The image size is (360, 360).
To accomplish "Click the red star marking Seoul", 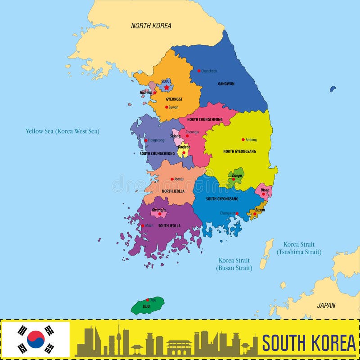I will tap(167, 87).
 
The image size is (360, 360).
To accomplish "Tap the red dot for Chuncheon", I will tap(199, 71).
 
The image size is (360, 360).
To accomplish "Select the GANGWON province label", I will tap(226, 84).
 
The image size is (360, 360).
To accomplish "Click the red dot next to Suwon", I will tap(166, 107).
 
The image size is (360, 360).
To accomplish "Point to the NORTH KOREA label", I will tap(151, 26).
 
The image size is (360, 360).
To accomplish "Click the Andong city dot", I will tap(243, 139).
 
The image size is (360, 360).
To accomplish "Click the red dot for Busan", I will tap(255, 214).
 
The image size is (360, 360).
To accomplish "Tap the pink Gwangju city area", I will tap(158, 212).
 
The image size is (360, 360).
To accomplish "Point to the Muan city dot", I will tap(143, 225).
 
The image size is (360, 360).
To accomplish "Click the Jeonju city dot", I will tap(172, 179).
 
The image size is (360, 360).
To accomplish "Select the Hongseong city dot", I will tap(146, 140).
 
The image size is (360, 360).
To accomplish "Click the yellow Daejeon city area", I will tap(183, 151).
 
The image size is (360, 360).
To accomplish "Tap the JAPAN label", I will tap(326, 305).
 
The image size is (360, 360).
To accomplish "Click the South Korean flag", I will tap(36, 339).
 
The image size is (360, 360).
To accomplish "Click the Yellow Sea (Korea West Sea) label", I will tap(62, 131).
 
